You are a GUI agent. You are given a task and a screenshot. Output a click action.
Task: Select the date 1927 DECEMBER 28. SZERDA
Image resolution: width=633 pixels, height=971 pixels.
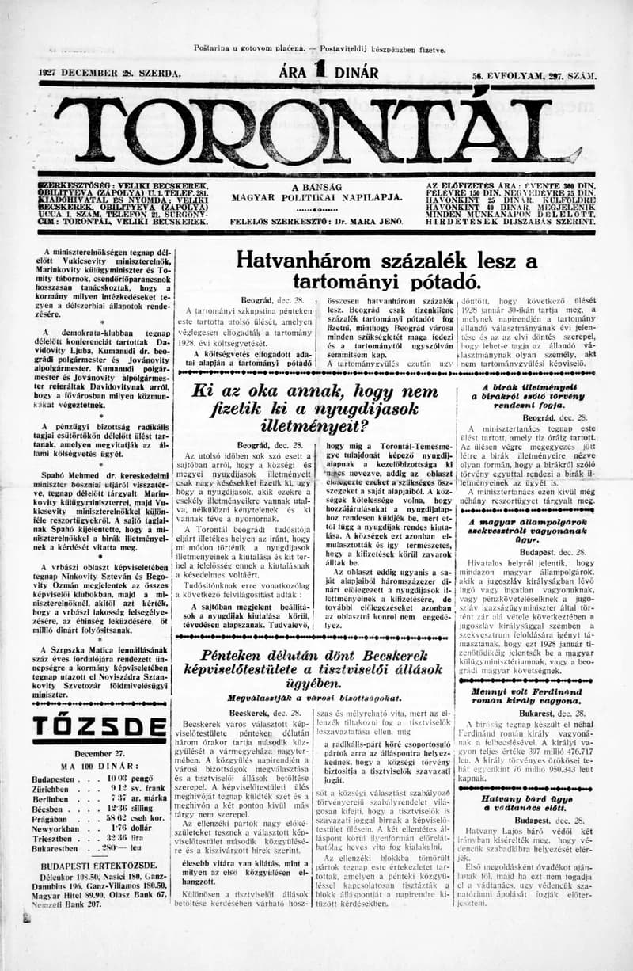click(x=110, y=74)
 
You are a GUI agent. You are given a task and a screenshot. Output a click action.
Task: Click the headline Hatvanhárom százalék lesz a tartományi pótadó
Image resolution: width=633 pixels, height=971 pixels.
click(x=387, y=270)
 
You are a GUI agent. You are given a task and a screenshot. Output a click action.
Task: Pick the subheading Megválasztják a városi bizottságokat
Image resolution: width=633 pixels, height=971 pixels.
click(x=314, y=699)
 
